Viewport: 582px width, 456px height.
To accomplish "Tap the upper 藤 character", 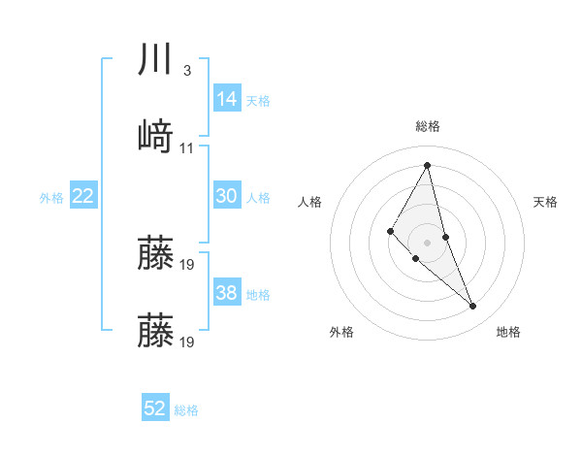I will pyautogui.click(x=156, y=253).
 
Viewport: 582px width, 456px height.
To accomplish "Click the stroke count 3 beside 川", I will pyautogui.click(x=186, y=71).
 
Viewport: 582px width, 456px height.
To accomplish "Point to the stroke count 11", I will pyautogui.click(x=187, y=147).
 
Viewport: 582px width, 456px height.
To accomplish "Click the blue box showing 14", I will pyautogui.click(x=227, y=99).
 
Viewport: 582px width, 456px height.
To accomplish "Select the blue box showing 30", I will pyautogui.click(x=227, y=196).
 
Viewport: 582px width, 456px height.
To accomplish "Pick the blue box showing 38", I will pyautogui.click(x=227, y=293).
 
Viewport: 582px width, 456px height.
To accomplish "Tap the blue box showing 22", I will pyautogui.click(x=83, y=196).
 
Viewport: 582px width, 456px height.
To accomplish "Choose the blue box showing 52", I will pyautogui.click(x=155, y=408).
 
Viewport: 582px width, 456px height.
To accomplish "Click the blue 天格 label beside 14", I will pyautogui.click(x=258, y=101).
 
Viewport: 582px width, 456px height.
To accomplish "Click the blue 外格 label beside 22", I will pyautogui.click(x=51, y=198).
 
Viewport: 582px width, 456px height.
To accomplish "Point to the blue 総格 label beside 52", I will pyautogui.click(x=186, y=410).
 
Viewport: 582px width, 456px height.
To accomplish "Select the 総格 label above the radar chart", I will pyautogui.click(x=428, y=126).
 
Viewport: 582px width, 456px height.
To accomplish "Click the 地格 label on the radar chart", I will pyautogui.click(x=508, y=332).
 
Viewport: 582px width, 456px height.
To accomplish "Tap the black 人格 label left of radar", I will pyautogui.click(x=310, y=202).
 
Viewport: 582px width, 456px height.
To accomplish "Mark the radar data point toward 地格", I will pyautogui.click(x=473, y=307).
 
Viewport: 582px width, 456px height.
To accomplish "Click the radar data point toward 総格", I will pyautogui.click(x=427, y=164).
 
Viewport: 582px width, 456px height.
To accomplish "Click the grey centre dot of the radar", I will pyautogui.click(x=427, y=242).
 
